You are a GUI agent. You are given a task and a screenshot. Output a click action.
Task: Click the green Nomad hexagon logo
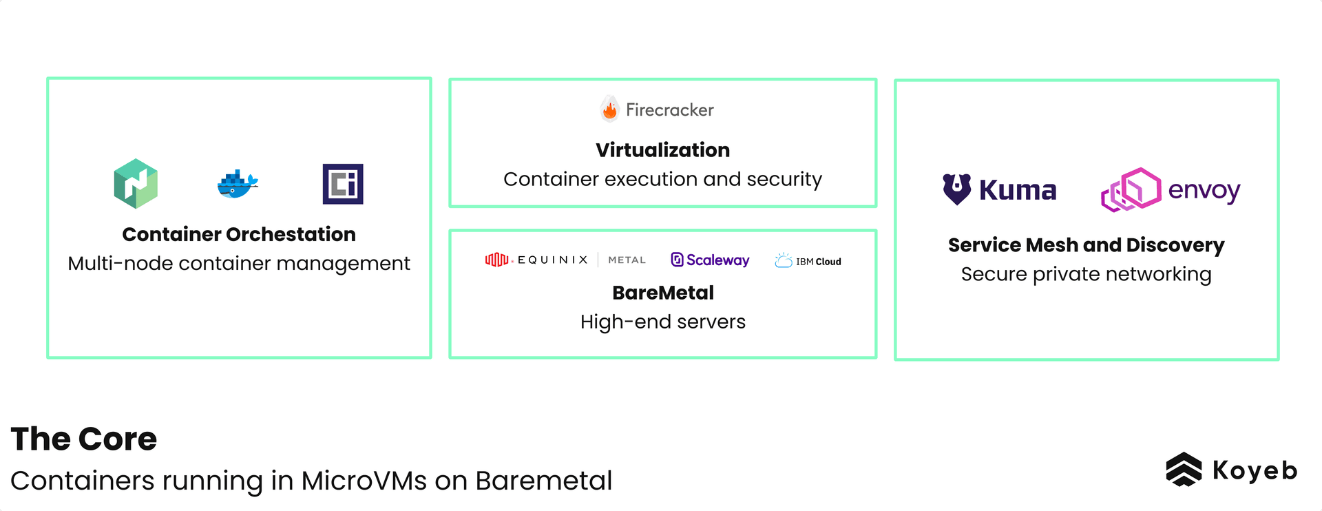pyautogui.click(x=136, y=184)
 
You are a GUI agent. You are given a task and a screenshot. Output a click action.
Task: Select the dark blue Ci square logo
pyautogui.click(x=343, y=184)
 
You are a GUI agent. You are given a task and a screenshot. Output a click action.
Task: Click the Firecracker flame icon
pyautogui.click(x=610, y=109)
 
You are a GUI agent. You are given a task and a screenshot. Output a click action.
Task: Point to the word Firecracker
pyautogui.click(x=669, y=110)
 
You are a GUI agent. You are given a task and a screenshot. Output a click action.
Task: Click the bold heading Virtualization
pyautogui.click(x=662, y=150)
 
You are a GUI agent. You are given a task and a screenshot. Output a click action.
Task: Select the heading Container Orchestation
pyautogui.click(x=239, y=234)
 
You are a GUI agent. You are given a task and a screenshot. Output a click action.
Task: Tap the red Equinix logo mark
pyautogui.click(x=496, y=260)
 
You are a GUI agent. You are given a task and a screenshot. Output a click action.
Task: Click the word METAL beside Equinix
pyautogui.click(x=627, y=260)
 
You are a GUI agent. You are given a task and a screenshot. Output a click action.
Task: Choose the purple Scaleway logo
pyautogui.click(x=710, y=260)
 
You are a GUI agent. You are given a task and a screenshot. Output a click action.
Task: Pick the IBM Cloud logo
pyautogui.click(x=808, y=261)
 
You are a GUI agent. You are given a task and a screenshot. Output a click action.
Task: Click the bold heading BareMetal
pyautogui.click(x=662, y=293)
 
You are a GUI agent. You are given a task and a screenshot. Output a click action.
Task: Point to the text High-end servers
pyautogui.click(x=662, y=322)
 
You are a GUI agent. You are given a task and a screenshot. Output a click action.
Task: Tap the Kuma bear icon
pyautogui.click(x=956, y=189)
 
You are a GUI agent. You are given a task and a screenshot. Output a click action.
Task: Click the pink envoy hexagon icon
pyautogui.click(x=1131, y=189)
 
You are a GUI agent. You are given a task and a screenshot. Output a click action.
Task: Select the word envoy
pyautogui.click(x=1204, y=190)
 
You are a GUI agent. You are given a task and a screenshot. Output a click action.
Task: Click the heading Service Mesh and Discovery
pyautogui.click(x=1086, y=245)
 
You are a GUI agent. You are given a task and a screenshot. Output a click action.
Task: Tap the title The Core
pyautogui.click(x=84, y=439)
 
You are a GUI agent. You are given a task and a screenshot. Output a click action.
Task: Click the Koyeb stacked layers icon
pyautogui.click(x=1184, y=470)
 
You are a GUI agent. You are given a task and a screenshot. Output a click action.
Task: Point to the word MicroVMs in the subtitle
pyautogui.click(x=364, y=481)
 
